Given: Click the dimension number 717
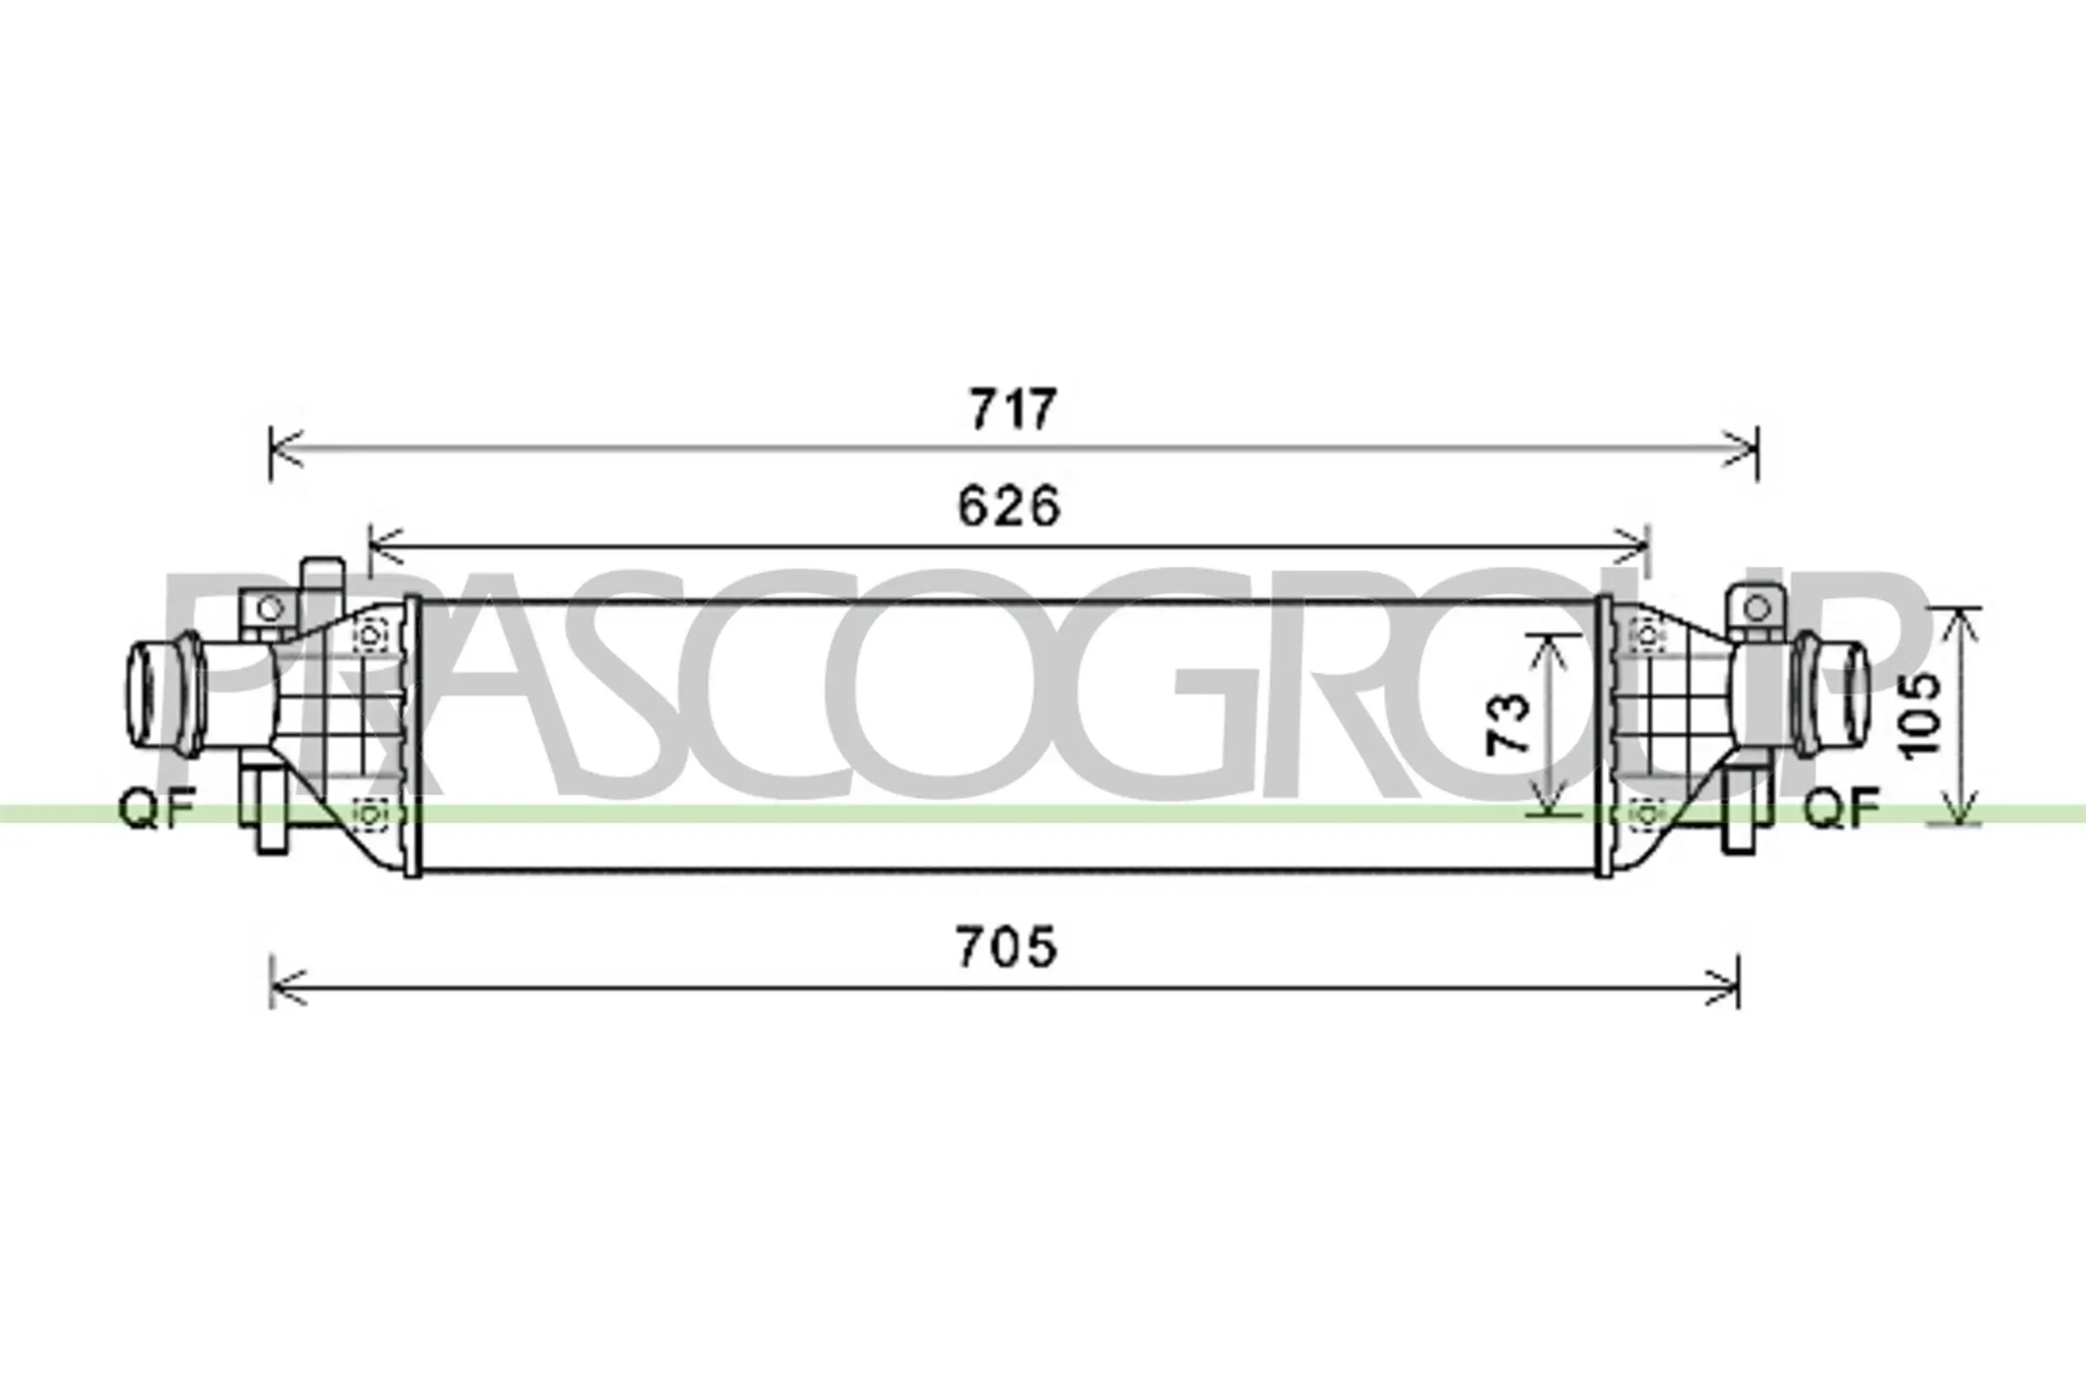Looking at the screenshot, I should [x=1012, y=408].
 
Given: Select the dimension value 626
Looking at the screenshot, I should [x=1008, y=506].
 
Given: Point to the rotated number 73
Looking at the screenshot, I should [x=1508, y=724].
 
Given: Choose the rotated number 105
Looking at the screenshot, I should [x=1917, y=715].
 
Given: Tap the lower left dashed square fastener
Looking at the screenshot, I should [x=371, y=812].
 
